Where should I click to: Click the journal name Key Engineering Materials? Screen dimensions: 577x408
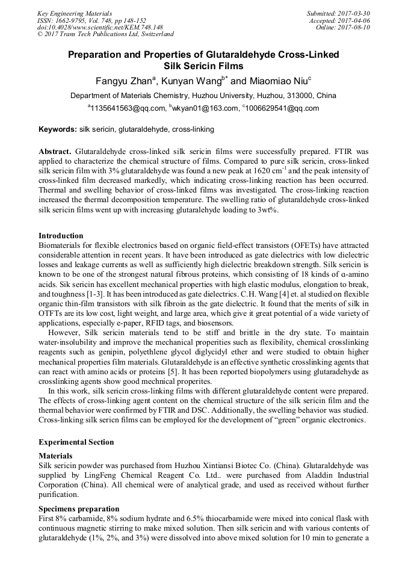(74, 13)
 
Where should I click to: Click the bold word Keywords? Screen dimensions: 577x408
(58, 129)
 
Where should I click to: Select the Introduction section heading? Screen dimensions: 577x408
(61, 235)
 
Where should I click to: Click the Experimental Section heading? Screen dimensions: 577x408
(76, 442)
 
